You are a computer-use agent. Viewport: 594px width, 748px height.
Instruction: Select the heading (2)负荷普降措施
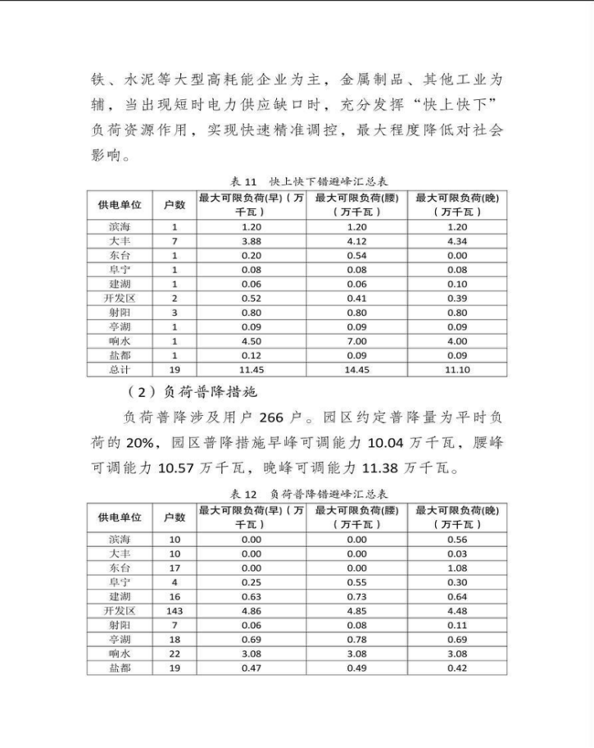193,390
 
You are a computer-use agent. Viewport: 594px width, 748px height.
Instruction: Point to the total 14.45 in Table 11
356,370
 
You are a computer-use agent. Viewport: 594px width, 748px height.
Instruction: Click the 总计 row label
120,370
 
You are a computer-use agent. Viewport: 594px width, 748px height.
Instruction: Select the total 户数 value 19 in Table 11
174,370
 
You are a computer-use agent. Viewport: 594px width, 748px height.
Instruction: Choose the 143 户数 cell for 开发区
174,611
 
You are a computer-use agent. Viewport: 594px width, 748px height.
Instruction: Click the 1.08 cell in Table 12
458,568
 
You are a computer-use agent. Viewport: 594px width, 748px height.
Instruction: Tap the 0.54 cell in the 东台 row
356,255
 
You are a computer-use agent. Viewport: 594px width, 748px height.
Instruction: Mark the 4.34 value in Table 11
458,240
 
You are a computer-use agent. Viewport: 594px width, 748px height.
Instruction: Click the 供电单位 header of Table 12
120,517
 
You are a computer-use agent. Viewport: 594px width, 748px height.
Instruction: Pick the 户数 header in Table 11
174,204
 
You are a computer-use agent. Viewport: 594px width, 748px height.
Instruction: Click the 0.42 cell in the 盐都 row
458,668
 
